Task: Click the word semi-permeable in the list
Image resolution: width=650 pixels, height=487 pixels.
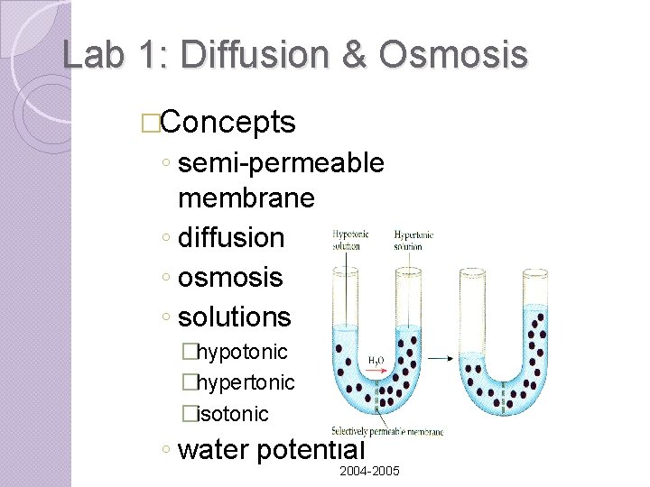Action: click(x=282, y=163)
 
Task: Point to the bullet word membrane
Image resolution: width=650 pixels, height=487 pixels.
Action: click(x=246, y=197)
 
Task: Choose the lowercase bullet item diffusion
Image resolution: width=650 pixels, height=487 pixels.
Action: click(x=231, y=238)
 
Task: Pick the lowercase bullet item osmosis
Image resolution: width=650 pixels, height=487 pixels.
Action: click(x=230, y=278)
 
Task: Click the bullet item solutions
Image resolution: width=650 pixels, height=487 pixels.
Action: click(x=235, y=317)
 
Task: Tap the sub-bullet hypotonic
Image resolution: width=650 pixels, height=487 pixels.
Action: click(x=242, y=351)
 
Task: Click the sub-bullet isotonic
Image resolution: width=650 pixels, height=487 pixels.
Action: click(x=233, y=414)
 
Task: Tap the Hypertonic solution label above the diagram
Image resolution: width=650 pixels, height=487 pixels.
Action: click(x=413, y=239)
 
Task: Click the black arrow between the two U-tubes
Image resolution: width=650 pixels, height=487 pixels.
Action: click(x=440, y=358)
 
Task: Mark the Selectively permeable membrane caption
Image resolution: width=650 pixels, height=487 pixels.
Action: click(x=387, y=431)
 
